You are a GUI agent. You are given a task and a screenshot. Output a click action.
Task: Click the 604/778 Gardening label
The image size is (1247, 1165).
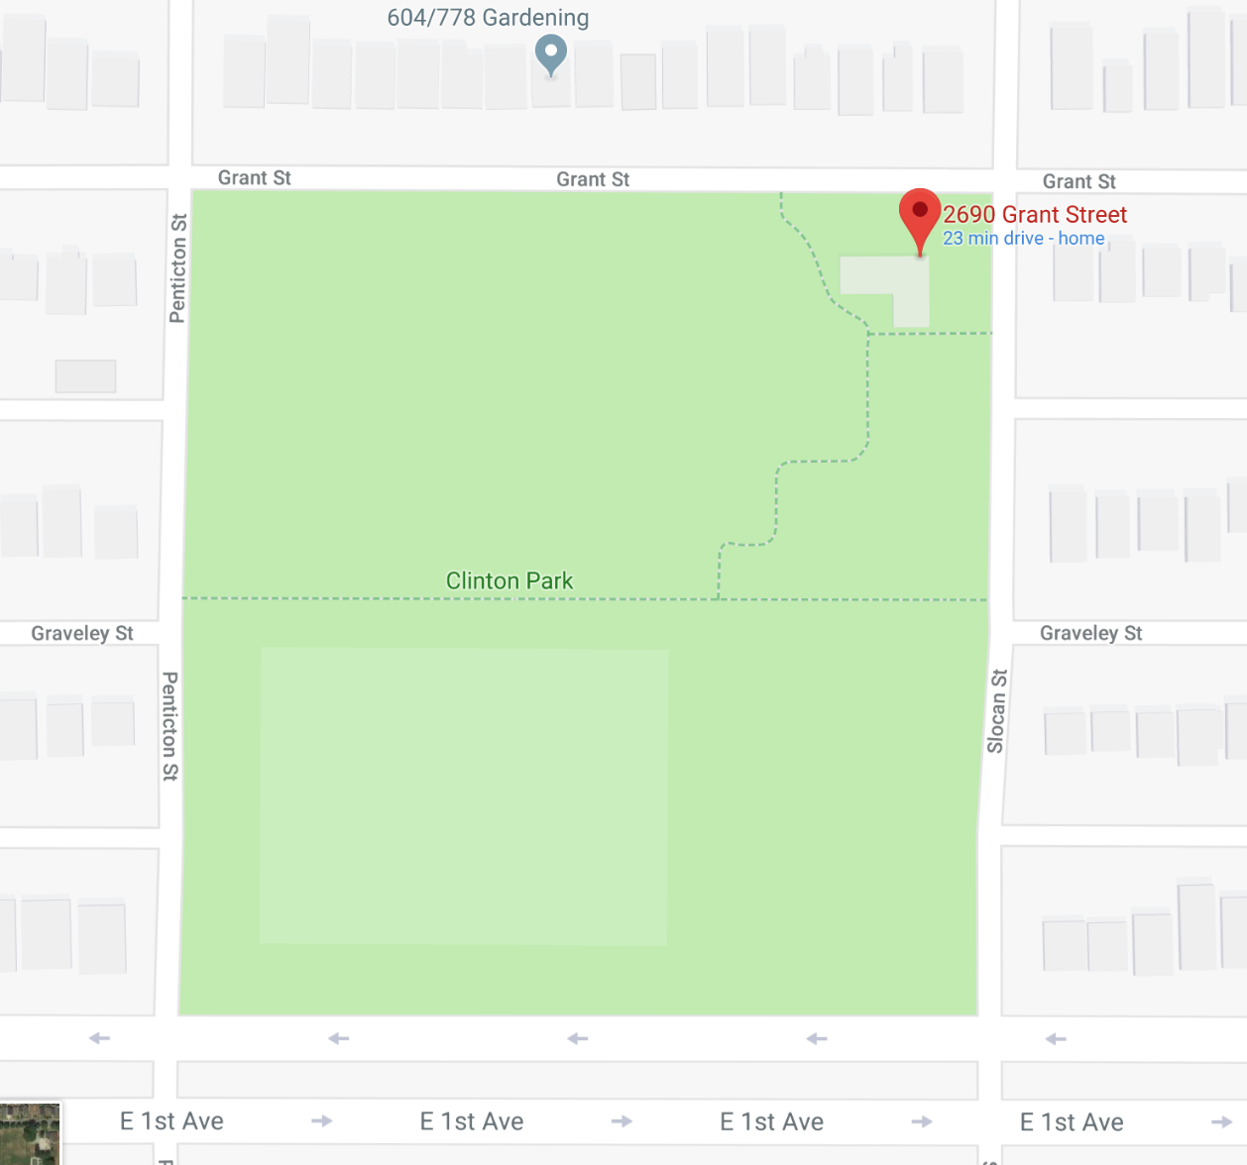(488, 18)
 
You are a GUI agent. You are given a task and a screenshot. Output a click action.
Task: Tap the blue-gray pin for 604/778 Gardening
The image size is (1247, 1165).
(551, 53)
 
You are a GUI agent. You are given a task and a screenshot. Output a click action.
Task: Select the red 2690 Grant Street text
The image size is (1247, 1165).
(1035, 215)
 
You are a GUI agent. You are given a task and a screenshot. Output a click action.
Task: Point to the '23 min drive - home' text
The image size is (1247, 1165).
(1023, 239)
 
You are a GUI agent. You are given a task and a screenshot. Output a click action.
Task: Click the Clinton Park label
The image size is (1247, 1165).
(510, 581)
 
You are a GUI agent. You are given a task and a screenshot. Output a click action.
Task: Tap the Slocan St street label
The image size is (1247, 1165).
(997, 710)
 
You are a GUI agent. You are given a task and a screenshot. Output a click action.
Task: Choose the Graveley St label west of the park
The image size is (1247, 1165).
(82, 633)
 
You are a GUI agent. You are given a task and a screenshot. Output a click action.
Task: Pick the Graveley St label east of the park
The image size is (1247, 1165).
(1090, 633)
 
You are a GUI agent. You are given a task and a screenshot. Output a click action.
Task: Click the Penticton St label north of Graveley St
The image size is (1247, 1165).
(178, 268)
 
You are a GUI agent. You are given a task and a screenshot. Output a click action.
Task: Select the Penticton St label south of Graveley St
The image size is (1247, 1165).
(170, 726)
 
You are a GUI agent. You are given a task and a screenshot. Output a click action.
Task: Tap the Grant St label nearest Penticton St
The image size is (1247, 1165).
(255, 178)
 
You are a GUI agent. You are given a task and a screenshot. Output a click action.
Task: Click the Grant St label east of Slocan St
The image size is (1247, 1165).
(1078, 181)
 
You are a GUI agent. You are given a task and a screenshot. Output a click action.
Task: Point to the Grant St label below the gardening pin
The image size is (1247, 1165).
(593, 179)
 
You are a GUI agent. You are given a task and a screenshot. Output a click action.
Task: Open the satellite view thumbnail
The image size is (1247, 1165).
(30, 1134)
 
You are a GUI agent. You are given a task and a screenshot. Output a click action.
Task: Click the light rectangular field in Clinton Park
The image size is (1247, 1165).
(464, 795)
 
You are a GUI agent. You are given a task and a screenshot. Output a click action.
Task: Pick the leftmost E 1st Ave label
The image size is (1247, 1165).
(171, 1121)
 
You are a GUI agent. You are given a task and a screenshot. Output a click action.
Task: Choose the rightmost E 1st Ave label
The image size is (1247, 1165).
(1072, 1122)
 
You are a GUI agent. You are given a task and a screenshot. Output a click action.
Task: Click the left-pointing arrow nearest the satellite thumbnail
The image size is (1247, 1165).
(99, 1038)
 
